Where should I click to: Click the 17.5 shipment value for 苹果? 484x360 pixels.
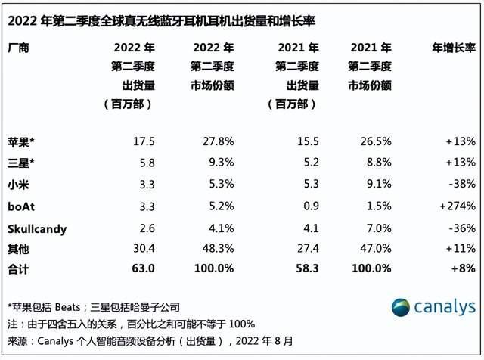[x=143, y=141]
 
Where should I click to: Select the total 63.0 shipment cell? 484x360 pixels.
[x=142, y=268]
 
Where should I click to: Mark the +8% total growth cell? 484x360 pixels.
[x=463, y=268]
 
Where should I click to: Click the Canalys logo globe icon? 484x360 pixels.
[x=402, y=307]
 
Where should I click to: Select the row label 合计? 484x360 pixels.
[x=18, y=268]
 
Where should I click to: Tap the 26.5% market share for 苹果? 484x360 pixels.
[x=374, y=141]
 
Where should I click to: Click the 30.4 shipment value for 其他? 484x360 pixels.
[x=143, y=247]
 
